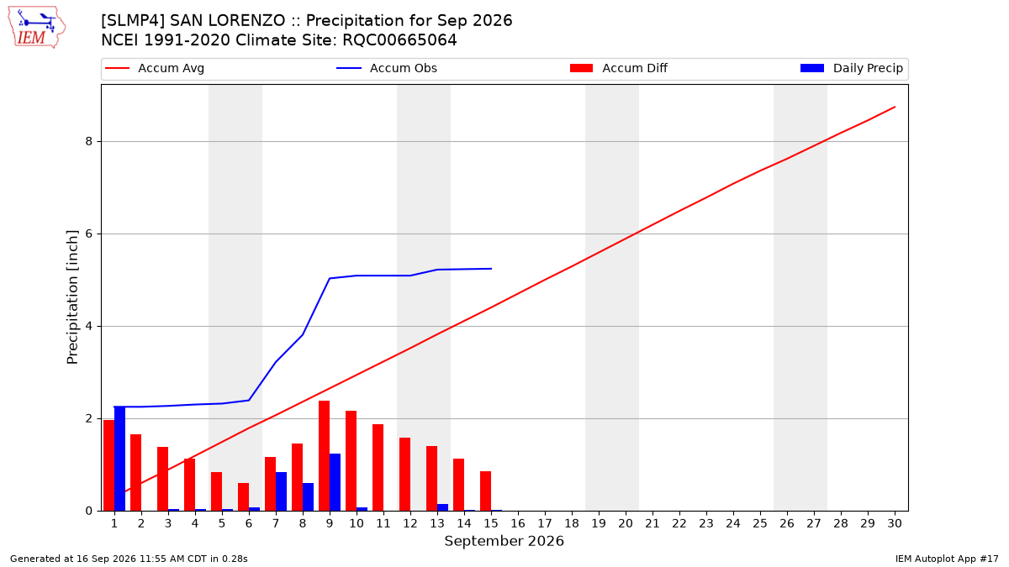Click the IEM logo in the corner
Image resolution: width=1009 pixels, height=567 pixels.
(x=36, y=28)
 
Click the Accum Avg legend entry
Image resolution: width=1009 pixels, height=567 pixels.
(x=155, y=68)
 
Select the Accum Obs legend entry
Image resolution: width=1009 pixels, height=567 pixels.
(x=387, y=68)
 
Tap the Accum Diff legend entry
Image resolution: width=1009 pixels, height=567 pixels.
(x=619, y=68)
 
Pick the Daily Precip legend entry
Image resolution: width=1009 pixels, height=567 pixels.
(x=851, y=68)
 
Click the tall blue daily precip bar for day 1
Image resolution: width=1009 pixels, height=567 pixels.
(x=119, y=459)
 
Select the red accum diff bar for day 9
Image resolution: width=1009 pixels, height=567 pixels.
(x=324, y=456)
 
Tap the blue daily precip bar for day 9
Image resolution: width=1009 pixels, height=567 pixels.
(x=335, y=482)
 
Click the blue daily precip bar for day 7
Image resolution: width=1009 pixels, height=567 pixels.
(x=281, y=491)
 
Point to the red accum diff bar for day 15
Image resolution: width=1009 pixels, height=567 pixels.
(x=486, y=491)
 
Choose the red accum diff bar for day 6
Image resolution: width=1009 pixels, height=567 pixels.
(x=243, y=497)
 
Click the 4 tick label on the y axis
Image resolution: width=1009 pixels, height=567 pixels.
(x=89, y=326)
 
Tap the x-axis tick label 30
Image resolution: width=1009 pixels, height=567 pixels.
(x=895, y=523)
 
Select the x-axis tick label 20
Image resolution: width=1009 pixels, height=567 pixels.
(x=626, y=523)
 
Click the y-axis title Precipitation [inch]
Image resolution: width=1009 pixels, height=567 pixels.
(x=72, y=297)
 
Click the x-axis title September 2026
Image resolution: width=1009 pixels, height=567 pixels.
(x=504, y=541)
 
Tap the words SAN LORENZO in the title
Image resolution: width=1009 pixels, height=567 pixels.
(x=228, y=21)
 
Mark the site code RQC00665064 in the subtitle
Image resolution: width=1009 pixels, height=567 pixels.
(x=399, y=40)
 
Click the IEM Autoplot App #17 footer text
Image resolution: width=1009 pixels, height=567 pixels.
(x=947, y=559)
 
